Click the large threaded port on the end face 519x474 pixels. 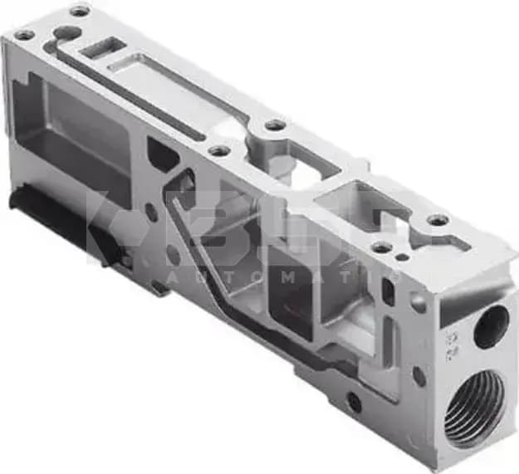click(474, 407)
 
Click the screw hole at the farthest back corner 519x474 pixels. click(80, 11)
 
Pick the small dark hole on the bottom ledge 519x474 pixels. click(355, 403)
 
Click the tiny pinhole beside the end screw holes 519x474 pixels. click(404, 257)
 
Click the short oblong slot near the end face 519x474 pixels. click(387, 291)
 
